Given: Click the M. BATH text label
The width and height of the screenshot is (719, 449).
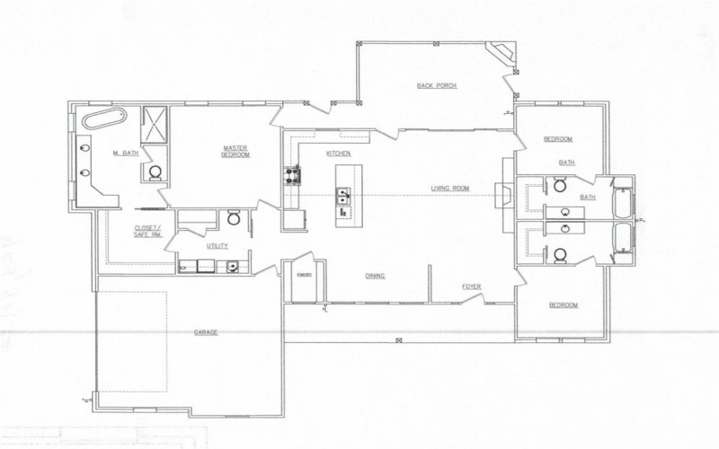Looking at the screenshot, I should coord(123,154).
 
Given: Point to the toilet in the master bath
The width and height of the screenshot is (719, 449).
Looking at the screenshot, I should coord(154,172).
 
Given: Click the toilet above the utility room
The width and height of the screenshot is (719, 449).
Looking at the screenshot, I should coord(233,217).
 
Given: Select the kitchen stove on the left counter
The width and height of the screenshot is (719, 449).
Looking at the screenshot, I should coord(291,176).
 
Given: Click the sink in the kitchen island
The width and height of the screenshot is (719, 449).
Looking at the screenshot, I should coord(342,195).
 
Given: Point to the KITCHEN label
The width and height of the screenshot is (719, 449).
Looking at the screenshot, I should coord(338,154).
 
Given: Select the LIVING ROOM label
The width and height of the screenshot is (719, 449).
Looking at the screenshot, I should coord(451,188).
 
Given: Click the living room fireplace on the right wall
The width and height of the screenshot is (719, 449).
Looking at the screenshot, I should coord(507,189).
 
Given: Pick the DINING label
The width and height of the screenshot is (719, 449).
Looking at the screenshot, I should coord(376,276).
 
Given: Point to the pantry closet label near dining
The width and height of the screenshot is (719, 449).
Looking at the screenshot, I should coord(303,277).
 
